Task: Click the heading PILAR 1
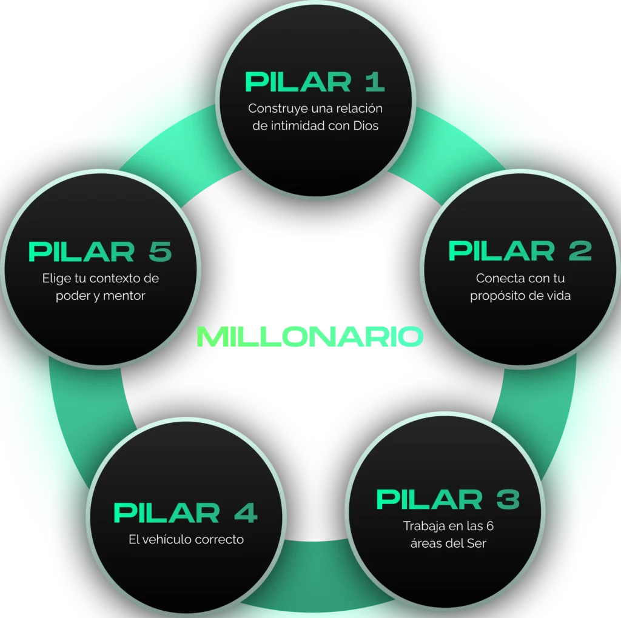coord(315,82)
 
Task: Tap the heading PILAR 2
coord(520,251)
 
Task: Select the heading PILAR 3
coord(448,500)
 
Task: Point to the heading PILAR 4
coord(185,513)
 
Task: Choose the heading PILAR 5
coord(100,252)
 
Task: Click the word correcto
coord(219,539)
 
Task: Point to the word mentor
coord(124,296)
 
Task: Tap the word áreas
coord(428,543)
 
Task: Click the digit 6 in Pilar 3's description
coord(489,525)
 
